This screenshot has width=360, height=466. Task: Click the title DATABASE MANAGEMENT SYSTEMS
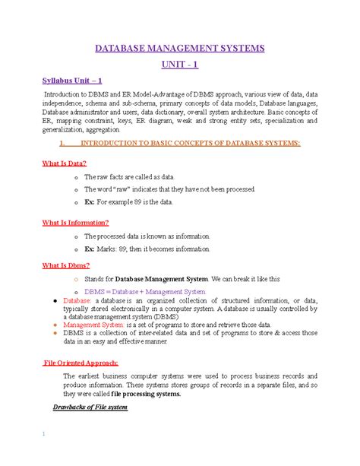[179, 49]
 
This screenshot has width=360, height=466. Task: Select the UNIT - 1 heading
[180, 65]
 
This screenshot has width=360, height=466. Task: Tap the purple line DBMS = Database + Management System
[145, 290]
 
